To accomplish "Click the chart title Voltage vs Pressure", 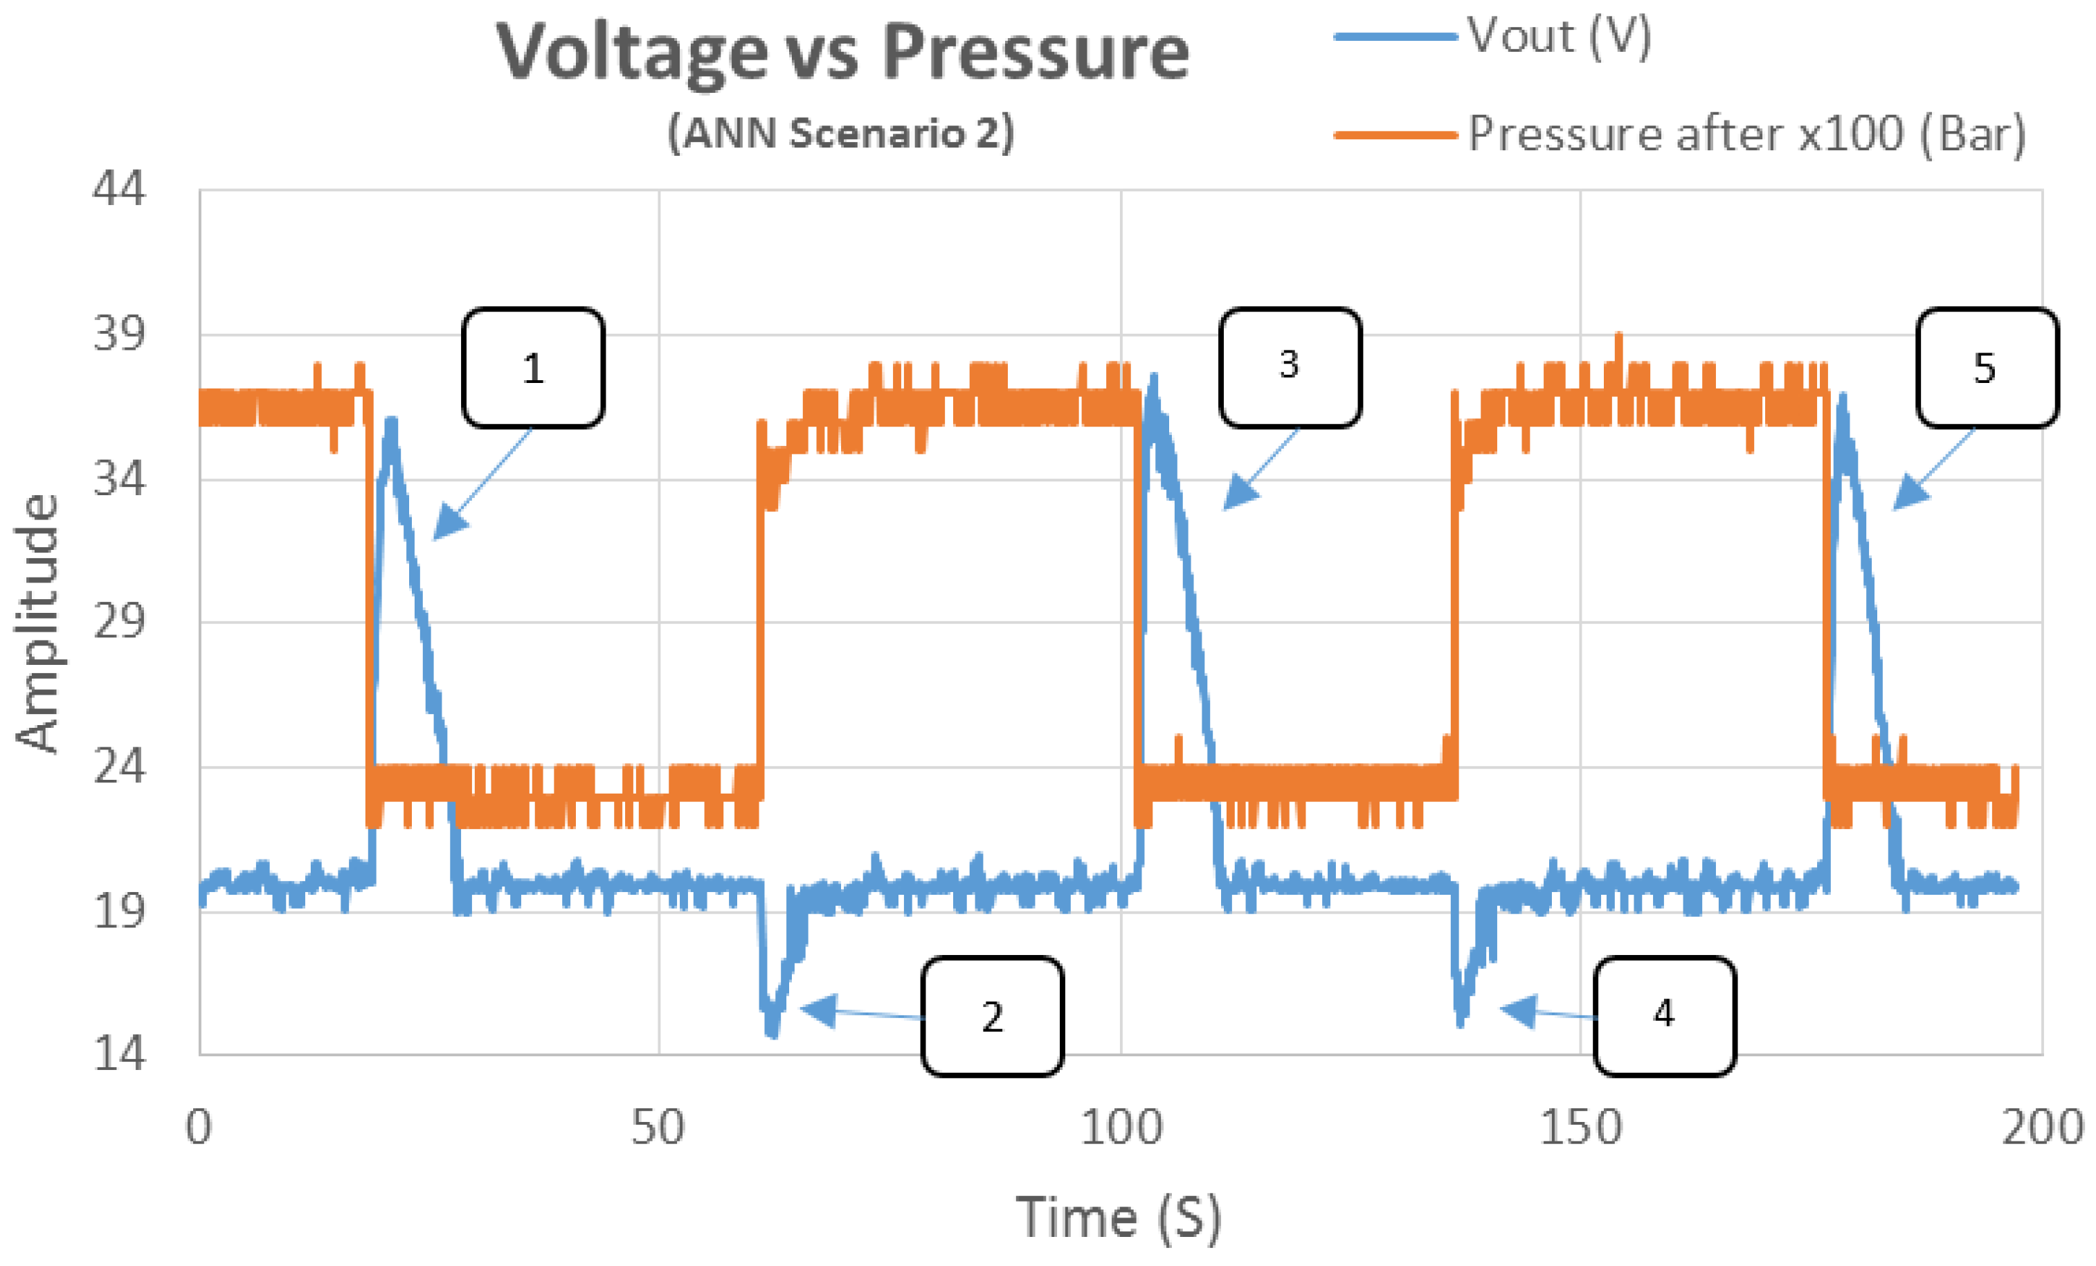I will coord(842,53).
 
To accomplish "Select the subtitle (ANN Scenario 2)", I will coord(840,133).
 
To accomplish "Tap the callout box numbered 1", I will coord(534,368).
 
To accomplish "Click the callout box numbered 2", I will coord(992,1017).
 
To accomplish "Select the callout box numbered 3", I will coord(1290,366).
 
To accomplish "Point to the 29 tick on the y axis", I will coord(119,621).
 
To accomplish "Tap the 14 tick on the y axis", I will coord(119,1054).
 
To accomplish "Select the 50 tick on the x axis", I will coord(658,1128).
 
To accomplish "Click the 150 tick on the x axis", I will coord(1580,1128).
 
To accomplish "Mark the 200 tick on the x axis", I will coord(2041,1128).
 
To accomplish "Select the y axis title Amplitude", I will coord(37,623).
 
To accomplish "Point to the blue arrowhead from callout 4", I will coord(1517,1010).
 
